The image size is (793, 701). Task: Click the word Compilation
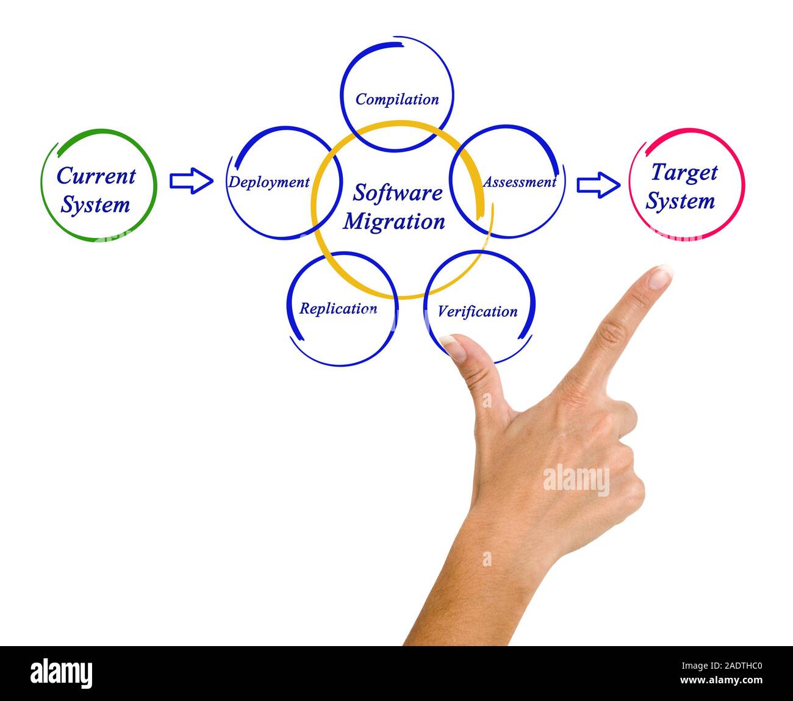[396, 99]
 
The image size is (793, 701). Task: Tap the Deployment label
[269, 182]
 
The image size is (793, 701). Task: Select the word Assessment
[520, 182]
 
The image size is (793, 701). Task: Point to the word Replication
[338, 308]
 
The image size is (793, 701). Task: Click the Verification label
[477, 311]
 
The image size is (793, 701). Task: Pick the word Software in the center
[398, 193]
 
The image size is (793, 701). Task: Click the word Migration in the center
[394, 221]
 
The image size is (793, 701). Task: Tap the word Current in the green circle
[96, 176]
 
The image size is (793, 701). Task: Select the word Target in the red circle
[683, 172]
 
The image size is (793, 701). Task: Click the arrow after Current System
[191, 181]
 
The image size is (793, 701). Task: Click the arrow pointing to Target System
[598, 184]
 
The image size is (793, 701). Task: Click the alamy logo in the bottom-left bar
[62, 673]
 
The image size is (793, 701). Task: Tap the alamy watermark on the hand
[576, 480]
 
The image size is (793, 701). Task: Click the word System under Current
[95, 204]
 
